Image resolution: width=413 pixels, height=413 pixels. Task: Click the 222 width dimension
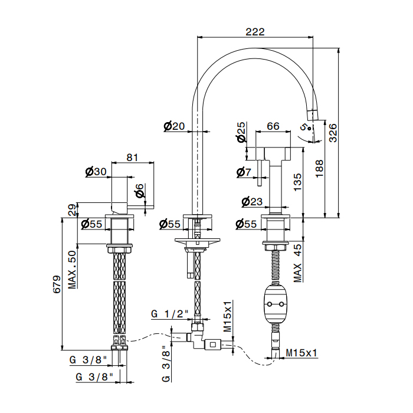pyautogui.click(x=255, y=32)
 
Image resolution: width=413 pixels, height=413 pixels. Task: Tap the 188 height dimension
pyautogui.click(x=319, y=167)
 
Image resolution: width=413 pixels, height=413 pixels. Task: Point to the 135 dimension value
pyautogui.click(x=298, y=180)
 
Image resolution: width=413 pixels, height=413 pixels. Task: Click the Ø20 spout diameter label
pyautogui.click(x=174, y=126)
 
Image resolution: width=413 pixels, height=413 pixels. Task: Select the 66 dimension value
pyautogui.click(x=273, y=126)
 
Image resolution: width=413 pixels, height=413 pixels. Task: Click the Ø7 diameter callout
pyautogui.click(x=244, y=172)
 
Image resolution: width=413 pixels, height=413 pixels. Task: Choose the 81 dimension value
pyautogui.click(x=132, y=158)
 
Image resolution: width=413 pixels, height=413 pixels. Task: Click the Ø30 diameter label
pyautogui.click(x=96, y=172)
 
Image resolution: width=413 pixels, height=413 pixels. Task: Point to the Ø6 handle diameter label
pyautogui.click(x=139, y=191)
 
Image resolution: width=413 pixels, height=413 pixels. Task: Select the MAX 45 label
pyautogui.click(x=298, y=263)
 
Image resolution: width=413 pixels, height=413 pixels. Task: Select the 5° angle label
pyautogui.click(x=304, y=126)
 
